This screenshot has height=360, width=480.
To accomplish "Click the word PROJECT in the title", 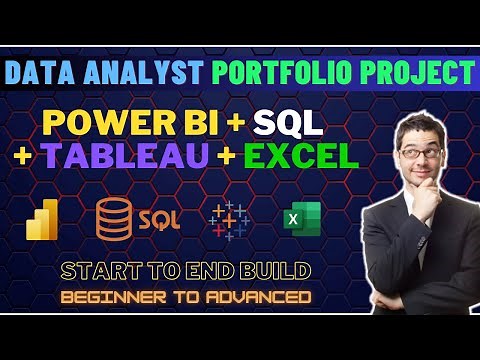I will pyautogui.click(x=416, y=73).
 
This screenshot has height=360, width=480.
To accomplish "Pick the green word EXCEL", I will pyautogui.click(x=300, y=156).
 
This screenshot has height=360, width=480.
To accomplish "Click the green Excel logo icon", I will pyautogui.click(x=294, y=219).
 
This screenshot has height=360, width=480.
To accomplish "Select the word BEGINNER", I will pyautogui.click(x=106, y=297).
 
